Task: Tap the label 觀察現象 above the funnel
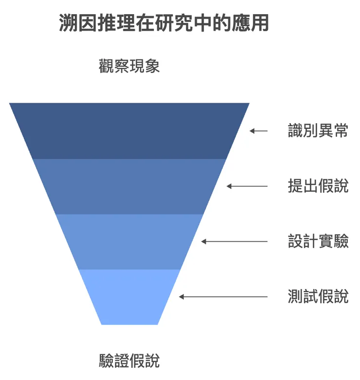coord(129,66)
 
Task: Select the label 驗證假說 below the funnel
coord(129,361)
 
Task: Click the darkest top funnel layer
coord(129,131)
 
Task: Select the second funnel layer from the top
coord(129,186)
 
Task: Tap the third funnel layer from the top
coord(129,241)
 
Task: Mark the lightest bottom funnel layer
coord(129,297)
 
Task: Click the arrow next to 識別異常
coord(259,131)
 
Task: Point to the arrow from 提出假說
coord(247,186)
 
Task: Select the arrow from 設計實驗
coord(234,241)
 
